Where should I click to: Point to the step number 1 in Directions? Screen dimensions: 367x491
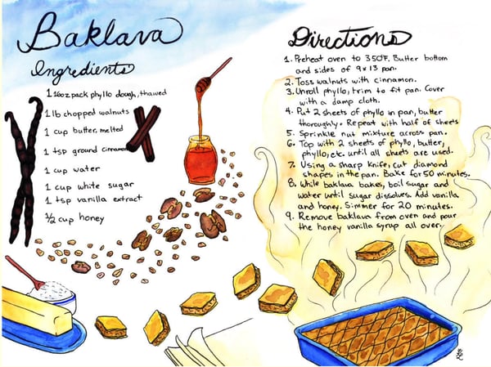coord(288,60)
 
